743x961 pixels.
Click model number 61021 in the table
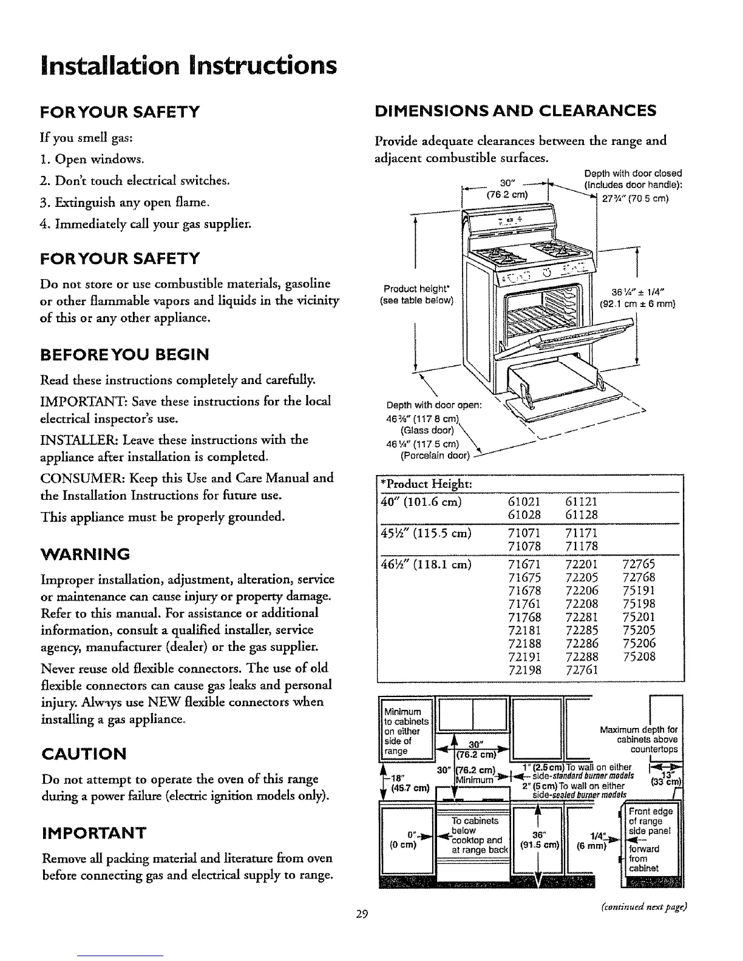[x=522, y=502]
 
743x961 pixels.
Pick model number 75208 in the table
[x=639, y=657]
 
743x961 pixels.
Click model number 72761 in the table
[x=582, y=670]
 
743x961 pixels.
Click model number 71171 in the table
[x=582, y=533]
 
